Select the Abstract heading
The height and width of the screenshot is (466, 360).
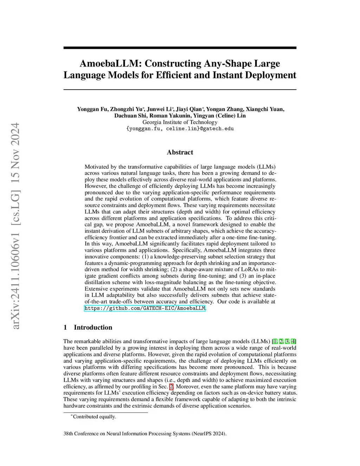point(180,152)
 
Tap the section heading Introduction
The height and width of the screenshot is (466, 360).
point(93,327)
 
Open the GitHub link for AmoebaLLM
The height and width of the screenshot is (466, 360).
point(144,308)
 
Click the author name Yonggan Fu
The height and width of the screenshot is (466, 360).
point(92,109)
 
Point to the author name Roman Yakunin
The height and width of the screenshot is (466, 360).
point(170,116)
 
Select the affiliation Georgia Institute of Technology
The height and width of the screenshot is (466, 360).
point(180,122)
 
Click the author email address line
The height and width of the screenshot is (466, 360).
point(180,129)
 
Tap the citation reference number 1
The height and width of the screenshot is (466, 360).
point(275,341)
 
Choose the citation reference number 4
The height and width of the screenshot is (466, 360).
point(293,341)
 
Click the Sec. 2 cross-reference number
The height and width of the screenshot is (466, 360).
point(172,387)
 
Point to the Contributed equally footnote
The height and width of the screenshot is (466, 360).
point(94,417)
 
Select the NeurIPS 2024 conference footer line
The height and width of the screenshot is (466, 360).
point(145,434)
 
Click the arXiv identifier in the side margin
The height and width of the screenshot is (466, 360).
point(15,225)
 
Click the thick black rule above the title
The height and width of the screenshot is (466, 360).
point(180,48)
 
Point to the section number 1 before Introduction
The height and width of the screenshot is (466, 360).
point(65,327)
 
